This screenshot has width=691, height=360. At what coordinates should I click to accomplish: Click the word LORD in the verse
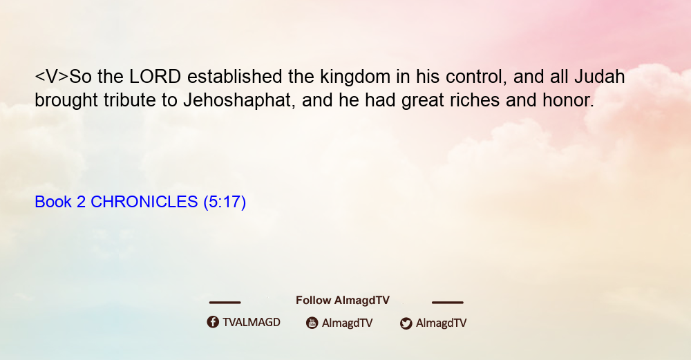pyautogui.click(x=155, y=77)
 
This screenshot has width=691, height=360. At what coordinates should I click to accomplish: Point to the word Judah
pyautogui.click(x=599, y=77)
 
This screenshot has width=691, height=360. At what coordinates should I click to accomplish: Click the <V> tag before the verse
pyautogui.click(x=52, y=77)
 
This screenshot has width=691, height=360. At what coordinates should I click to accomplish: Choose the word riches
pyautogui.click(x=475, y=100)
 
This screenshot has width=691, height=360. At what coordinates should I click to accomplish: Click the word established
pyautogui.click(x=234, y=77)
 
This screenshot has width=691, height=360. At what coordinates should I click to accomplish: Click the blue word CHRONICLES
pyautogui.click(x=144, y=202)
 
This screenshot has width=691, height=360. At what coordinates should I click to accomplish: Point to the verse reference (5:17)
pyautogui.click(x=225, y=202)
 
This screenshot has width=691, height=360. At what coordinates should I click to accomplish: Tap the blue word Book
pyautogui.click(x=53, y=202)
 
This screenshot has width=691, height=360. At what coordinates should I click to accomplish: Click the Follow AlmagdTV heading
pyautogui.click(x=343, y=300)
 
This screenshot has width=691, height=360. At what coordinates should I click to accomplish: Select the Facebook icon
pyautogui.click(x=213, y=322)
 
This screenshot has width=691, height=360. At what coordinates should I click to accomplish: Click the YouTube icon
pyautogui.click(x=312, y=323)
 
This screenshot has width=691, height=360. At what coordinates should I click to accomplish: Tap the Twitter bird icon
pyautogui.click(x=406, y=323)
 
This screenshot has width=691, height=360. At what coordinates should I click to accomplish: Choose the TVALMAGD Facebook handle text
pyautogui.click(x=252, y=322)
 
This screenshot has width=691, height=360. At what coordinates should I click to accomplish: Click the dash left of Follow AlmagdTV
pyautogui.click(x=225, y=302)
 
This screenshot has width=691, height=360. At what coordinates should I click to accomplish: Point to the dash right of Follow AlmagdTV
pyautogui.click(x=448, y=302)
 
